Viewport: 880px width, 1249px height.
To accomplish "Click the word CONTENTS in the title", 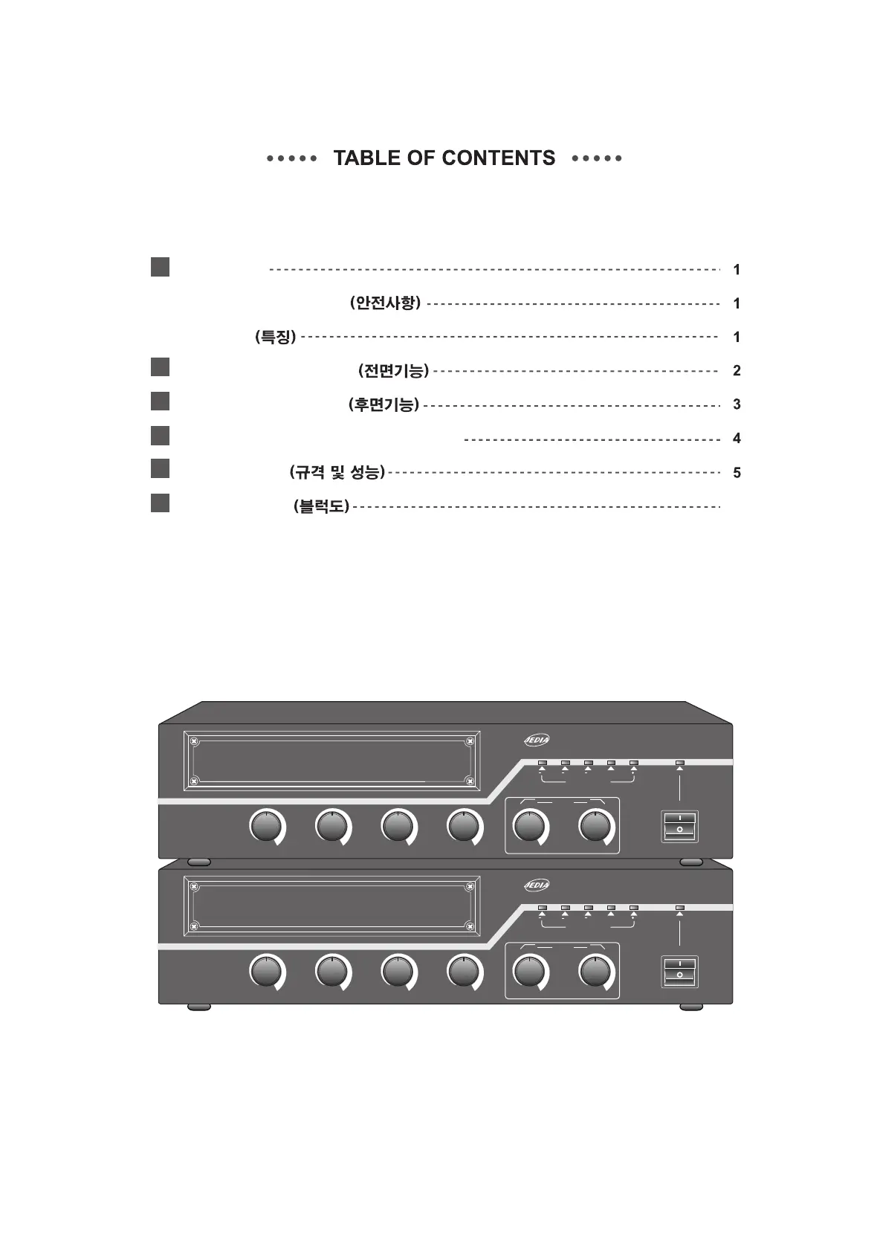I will (498, 158).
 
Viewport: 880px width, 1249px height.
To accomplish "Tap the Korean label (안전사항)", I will (385, 303).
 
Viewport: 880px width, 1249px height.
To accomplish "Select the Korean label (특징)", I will (275, 337).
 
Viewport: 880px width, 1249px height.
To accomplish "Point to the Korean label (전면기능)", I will (393, 370).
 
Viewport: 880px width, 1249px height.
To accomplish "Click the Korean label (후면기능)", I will (384, 404).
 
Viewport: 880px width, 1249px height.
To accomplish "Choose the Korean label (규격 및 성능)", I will (337, 472).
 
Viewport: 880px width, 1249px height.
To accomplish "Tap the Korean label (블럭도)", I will (321, 507).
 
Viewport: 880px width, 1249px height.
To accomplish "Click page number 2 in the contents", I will (737, 371).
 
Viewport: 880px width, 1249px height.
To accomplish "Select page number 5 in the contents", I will (737, 473).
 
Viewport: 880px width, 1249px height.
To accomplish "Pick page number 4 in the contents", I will (737, 439).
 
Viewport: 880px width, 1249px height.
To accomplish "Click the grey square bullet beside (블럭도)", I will (160, 503).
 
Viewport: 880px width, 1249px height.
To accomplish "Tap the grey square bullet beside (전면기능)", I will (160, 367).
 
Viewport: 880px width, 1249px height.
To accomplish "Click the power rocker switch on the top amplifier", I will (679, 827).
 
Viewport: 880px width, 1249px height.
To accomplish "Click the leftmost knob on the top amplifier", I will (266, 827).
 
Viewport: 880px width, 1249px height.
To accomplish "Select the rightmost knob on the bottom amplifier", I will (595, 972).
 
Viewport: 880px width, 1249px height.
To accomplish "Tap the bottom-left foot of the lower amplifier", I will (199, 1007).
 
